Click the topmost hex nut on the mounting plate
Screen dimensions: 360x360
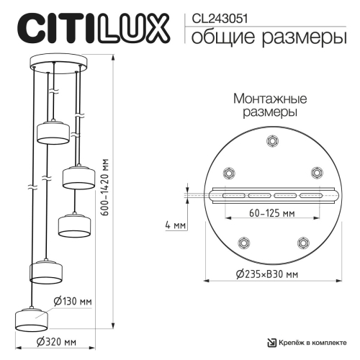pos(271,141)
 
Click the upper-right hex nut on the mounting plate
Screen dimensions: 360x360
pos(315,172)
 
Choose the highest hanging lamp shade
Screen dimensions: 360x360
pos(53,130)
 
